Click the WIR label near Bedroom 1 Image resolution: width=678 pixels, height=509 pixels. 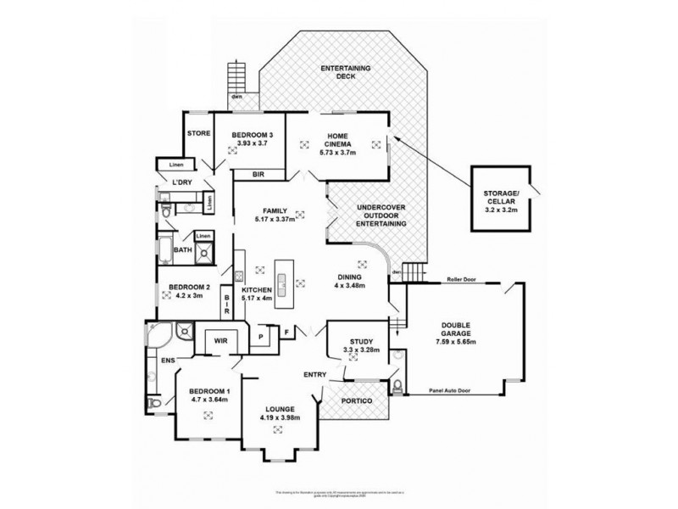[220, 341]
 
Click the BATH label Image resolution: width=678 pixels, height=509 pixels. [183, 250]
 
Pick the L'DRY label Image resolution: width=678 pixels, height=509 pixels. [181, 183]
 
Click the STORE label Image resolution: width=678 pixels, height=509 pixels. [198, 132]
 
